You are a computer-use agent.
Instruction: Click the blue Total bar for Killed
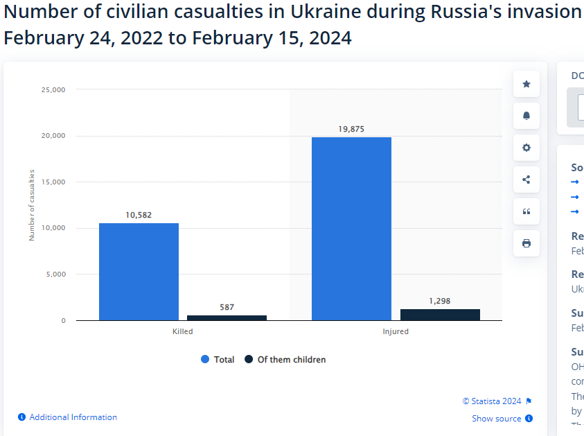139,271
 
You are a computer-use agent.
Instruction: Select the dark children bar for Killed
227,317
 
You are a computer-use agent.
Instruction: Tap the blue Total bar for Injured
351,229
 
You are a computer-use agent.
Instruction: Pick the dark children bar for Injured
440,315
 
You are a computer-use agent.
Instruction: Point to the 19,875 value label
351,129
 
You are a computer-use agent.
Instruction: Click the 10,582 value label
139,215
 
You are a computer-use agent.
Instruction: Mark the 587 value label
227,306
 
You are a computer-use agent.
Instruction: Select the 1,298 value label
440,301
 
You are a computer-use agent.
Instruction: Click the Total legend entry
218,360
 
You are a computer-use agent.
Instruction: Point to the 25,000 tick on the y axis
53,89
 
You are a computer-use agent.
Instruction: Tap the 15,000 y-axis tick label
53,182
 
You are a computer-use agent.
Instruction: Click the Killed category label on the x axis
183,331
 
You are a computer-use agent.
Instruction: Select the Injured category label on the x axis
396,331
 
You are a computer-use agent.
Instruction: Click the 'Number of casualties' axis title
31,204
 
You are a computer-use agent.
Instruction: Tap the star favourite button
527,84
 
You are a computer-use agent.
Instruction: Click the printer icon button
527,243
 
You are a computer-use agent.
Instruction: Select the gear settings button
527,148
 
